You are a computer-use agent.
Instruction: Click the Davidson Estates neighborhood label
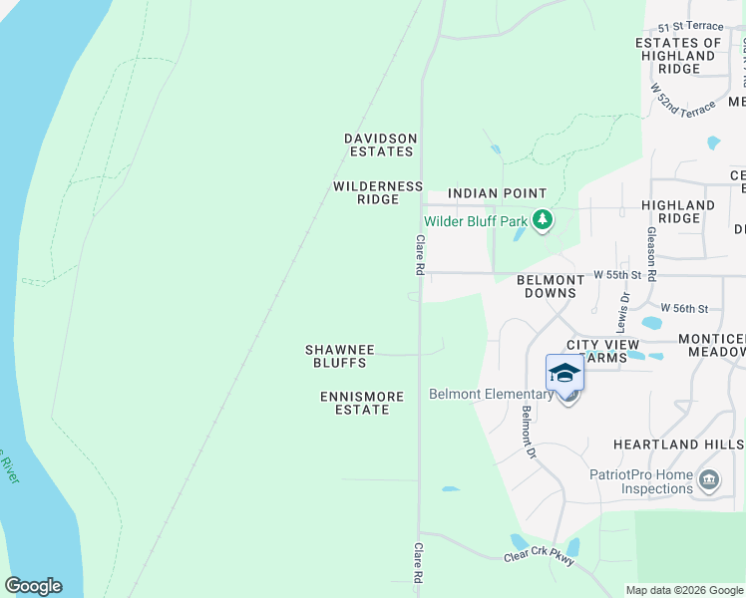coord(379,145)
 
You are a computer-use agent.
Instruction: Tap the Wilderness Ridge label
coord(378,192)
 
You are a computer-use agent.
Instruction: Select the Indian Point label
coord(497,193)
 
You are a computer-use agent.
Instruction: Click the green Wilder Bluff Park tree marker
coord(543,219)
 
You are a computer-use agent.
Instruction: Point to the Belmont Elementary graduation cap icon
coord(564,373)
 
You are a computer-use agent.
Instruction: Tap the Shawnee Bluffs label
coord(339,356)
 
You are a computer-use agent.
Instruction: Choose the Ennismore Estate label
coord(362,403)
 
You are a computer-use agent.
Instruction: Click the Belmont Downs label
coord(550,287)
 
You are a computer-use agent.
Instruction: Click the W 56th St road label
coord(686,309)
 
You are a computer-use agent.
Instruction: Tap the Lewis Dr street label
coord(624,311)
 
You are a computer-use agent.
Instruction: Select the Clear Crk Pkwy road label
coord(540,560)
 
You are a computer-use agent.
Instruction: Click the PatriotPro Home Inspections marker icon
coord(709,480)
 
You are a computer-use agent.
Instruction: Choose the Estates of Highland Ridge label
coord(679,56)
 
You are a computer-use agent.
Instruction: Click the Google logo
coord(33,586)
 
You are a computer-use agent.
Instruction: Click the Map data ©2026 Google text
coord(684,590)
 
